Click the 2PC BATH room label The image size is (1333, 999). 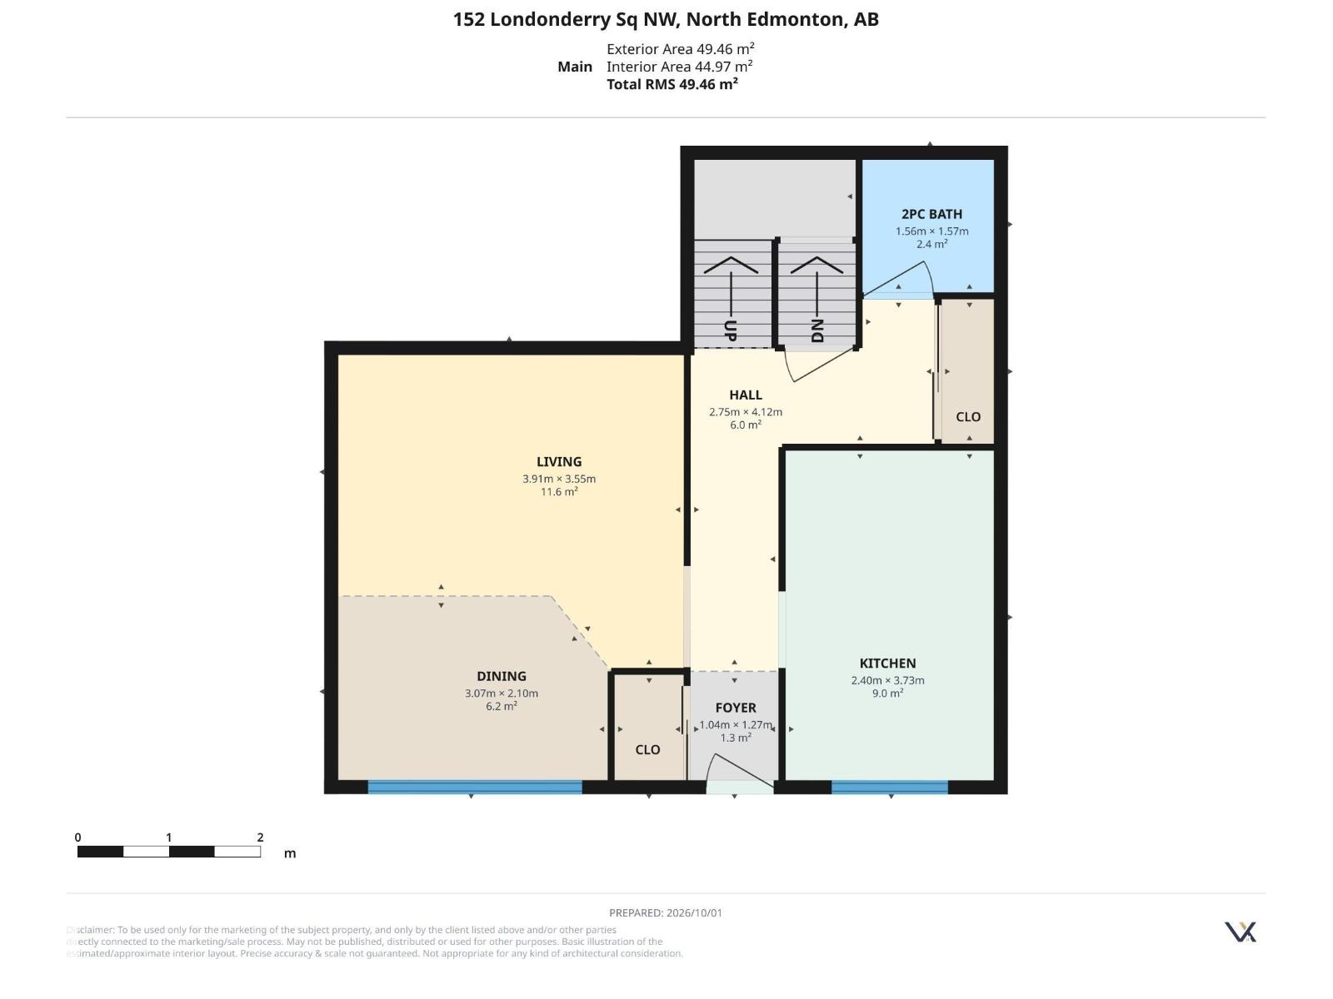click(931, 214)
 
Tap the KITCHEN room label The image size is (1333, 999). click(887, 664)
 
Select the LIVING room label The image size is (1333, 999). click(559, 461)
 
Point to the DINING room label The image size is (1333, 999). click(501, 676)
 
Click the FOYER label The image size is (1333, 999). click(736, 708)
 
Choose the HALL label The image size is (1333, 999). click(745, 395)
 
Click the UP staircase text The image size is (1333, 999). click(731, 331)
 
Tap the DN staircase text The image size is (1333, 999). click(816, 331)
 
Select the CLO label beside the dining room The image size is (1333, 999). click(647, 750)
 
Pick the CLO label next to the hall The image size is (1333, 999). click(968, 417)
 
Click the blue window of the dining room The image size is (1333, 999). click(475, 787)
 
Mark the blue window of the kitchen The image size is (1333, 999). click(890, 787)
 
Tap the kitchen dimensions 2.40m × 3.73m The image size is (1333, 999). click(887, 680)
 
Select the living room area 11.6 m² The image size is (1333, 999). click(559, 491)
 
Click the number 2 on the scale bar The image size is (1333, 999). click(260, 837)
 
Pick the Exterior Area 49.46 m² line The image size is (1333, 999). click(680, 48)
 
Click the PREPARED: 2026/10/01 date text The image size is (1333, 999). click(666, 913)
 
